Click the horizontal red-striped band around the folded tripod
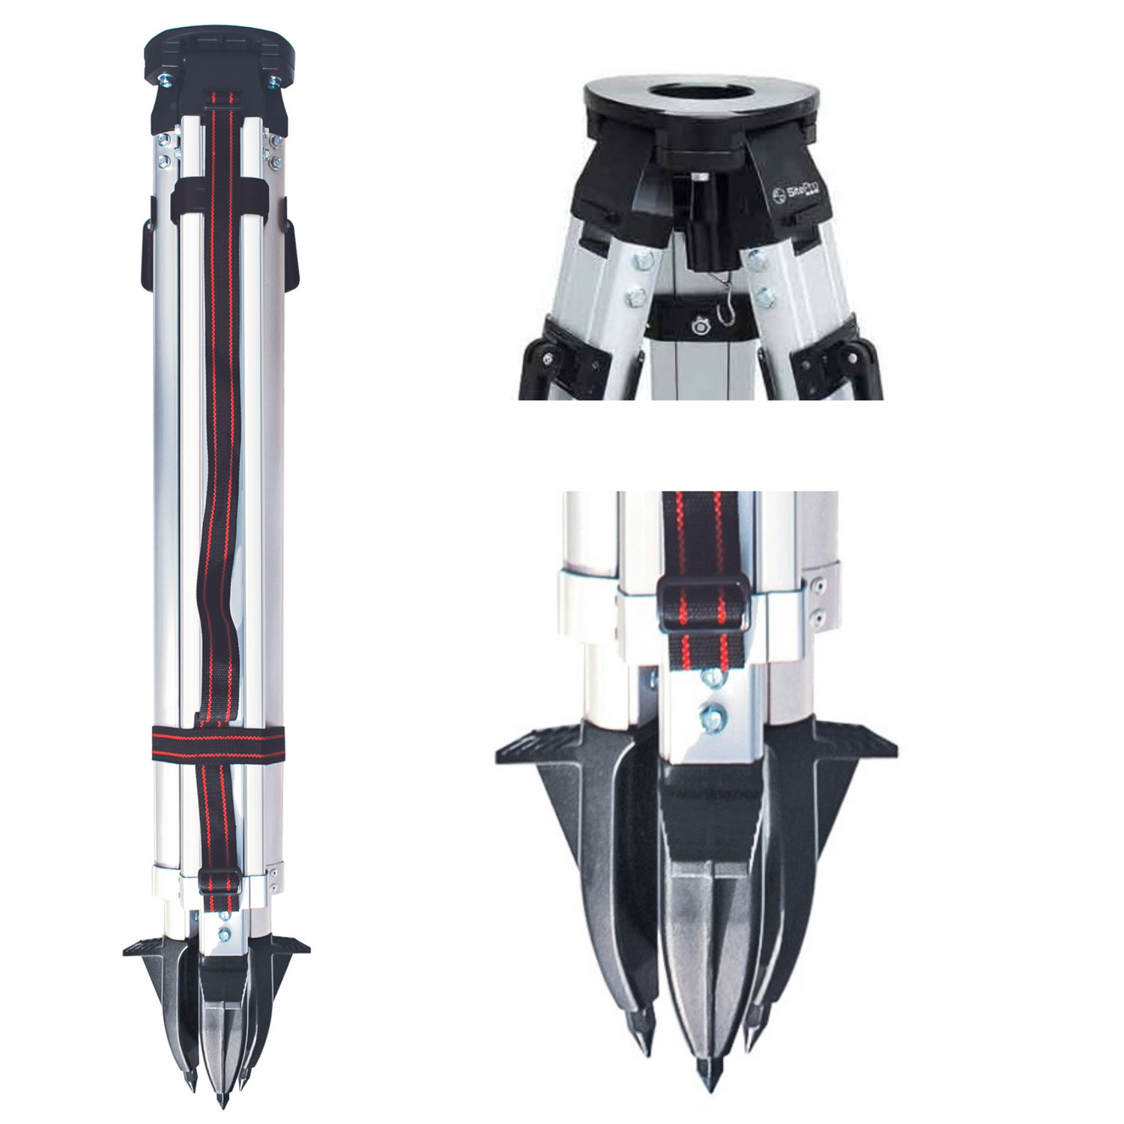click(x=218, y=745)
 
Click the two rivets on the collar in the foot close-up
click(x=820, y=599)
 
